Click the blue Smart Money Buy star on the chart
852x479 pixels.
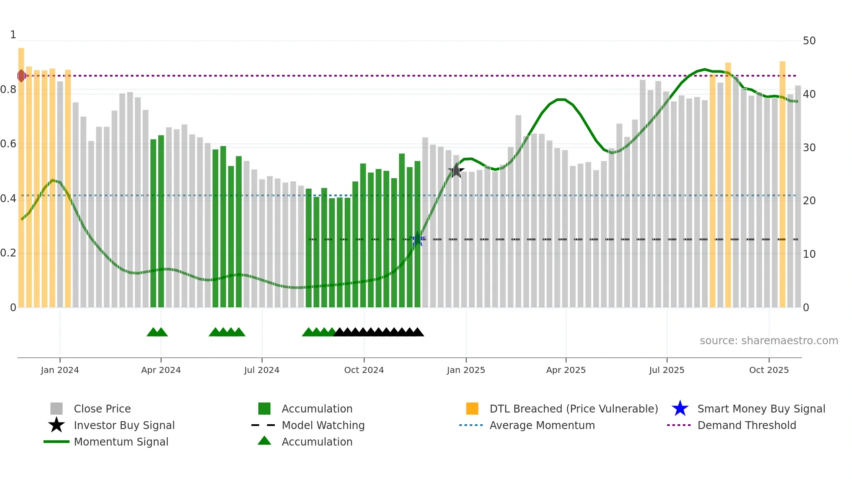417,239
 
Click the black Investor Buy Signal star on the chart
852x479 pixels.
456,171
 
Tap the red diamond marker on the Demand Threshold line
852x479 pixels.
21,76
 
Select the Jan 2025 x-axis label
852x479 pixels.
466,370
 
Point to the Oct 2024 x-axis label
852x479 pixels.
364,370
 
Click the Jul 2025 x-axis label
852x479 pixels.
666,370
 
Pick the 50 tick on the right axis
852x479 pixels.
809,41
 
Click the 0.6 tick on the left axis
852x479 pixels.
8,144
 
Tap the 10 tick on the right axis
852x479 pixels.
809,254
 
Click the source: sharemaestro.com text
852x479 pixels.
769,341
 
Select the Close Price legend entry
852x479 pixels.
102,409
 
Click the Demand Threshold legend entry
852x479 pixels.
746,425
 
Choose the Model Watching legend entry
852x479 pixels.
323,425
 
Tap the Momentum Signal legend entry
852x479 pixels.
121,442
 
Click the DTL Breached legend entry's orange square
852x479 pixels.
472,409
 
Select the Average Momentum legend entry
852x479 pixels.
542,425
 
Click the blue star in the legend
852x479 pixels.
680,409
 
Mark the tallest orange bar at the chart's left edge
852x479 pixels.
21,174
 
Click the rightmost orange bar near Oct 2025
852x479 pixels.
782,183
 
